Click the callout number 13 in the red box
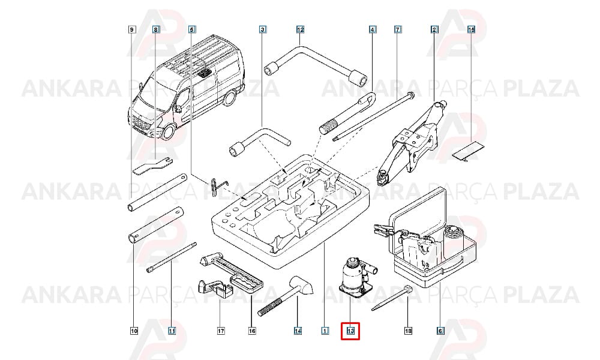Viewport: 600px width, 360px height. pyautogui.click(x=350, y=331)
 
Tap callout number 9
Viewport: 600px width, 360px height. pyautogui.click(x=131, y=29)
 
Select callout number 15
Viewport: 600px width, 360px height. pyautogui.click(x=471, y=29)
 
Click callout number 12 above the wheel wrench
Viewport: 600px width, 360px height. pyautogui.click(x=300, y=29)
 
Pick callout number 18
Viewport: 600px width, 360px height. pyautogui.click(x=408, y=331)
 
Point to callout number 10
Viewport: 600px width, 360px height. pyautogui.click(x=134, y=331)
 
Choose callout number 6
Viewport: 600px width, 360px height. pyautogui.click(x=440, y=331)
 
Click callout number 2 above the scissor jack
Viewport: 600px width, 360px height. pyautogui.click(x=434, y=29)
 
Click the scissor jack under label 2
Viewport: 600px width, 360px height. pyautogui.click(x=412, y=142)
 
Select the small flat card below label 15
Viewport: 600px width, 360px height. pyautogui.click(x=469, y=151)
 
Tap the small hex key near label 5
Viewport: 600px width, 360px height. pyautogui.click(x=216, y=187)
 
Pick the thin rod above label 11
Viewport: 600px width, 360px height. pyautogui.click(x=172, y=257)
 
